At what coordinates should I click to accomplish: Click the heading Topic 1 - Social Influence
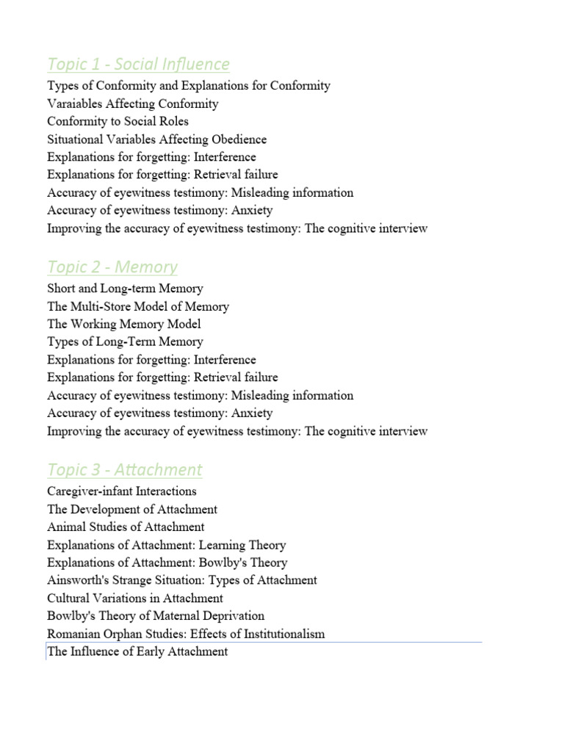[138, 64]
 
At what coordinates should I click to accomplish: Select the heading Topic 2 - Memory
[112, 267]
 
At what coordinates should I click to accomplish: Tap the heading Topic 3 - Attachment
[124, 469]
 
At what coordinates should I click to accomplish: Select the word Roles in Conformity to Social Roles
[172, 121]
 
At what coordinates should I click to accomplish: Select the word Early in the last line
[152, 651]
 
